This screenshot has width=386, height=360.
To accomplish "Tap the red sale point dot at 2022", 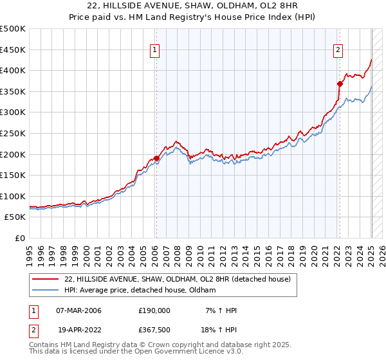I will coord(339,84).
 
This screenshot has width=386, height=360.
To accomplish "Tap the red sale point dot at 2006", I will coord(156,158).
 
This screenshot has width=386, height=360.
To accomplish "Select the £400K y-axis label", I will coord(14,70).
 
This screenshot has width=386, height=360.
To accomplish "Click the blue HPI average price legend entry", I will coord(140,291).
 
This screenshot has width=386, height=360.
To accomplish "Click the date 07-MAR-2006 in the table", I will coord(80,310).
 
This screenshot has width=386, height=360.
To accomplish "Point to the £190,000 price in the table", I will coord(154,310).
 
